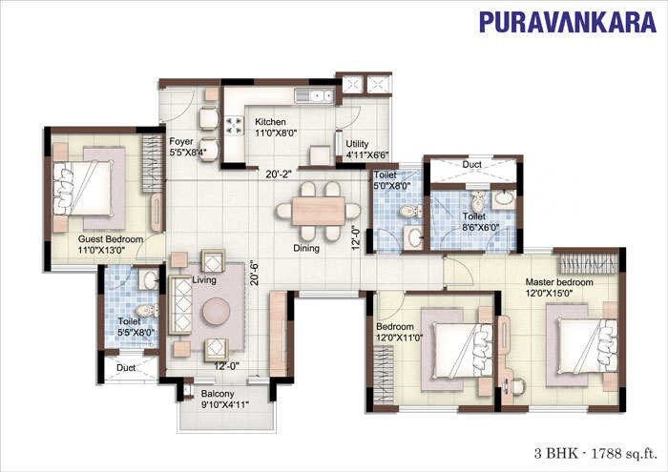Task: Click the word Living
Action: pos(204,280)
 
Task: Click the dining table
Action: pos(318,211)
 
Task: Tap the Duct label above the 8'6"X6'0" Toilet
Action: pos(472,165)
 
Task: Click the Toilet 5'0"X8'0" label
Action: pos(391,181)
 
